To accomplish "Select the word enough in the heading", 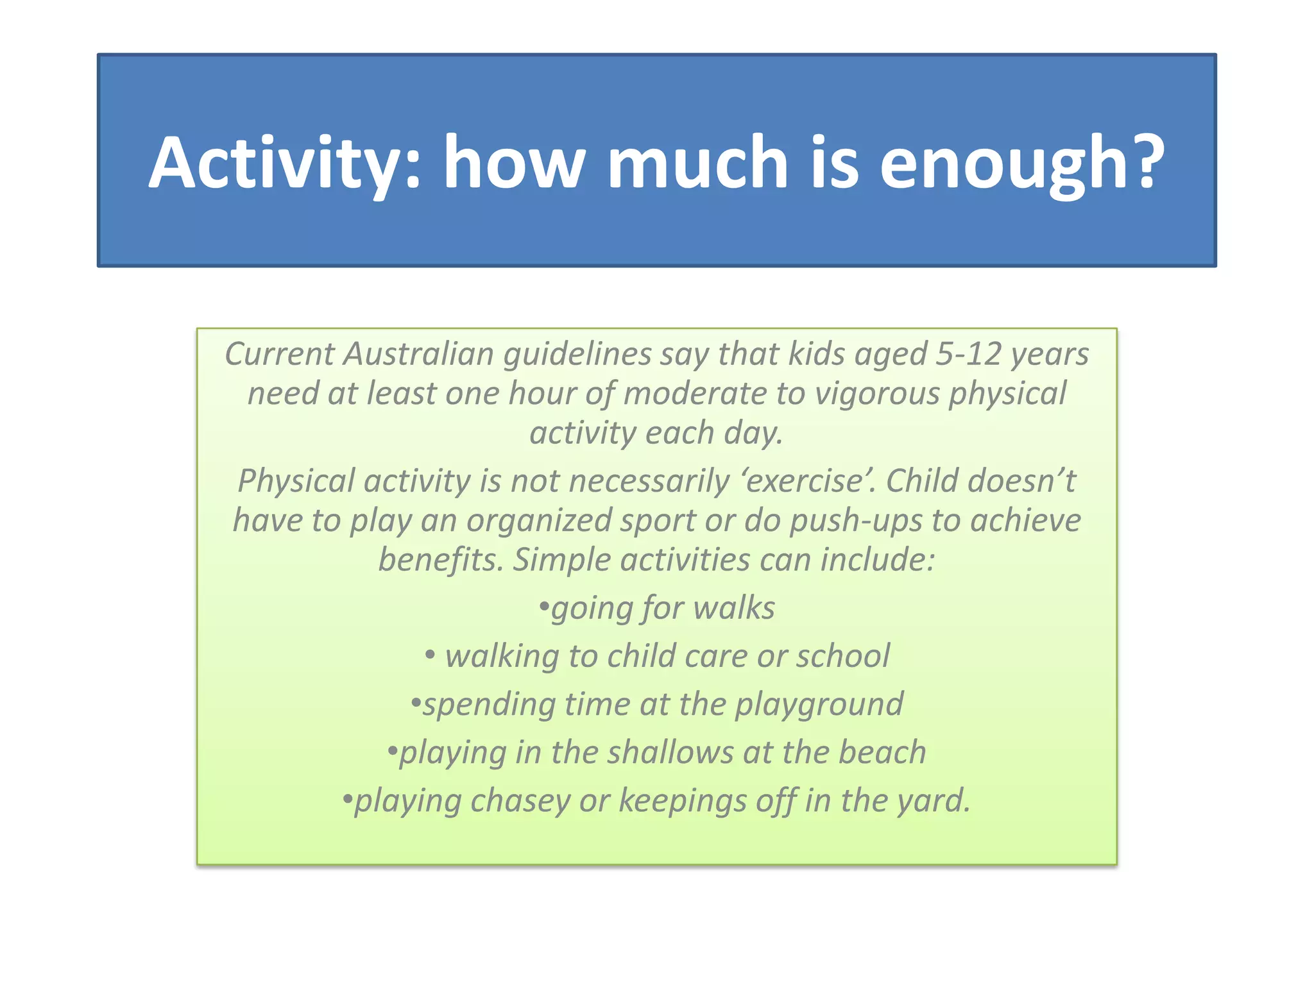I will click(1001, 164).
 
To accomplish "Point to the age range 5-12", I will click(968, 354).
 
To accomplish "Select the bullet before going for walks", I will click(544, 607).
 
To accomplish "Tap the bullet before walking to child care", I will click(429, 655).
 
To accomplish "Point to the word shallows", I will click(670, 752).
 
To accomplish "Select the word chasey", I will click(520, 801).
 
